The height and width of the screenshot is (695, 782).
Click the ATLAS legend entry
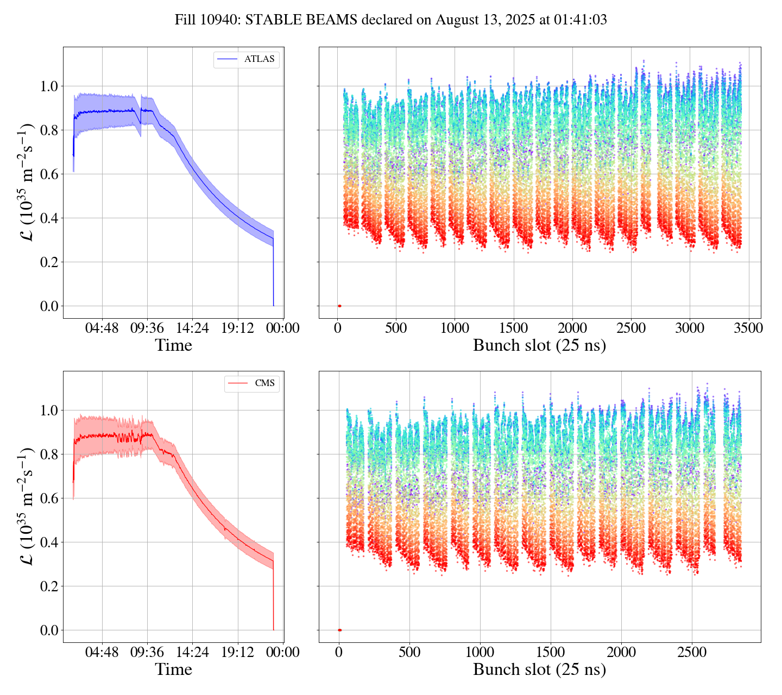[247, 59]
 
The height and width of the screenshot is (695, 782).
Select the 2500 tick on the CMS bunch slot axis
[692, 652]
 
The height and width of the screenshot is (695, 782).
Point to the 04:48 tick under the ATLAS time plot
[102, 328]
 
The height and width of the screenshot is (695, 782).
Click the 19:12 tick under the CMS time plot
[238, 652]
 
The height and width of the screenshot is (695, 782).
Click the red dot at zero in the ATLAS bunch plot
[339, 306]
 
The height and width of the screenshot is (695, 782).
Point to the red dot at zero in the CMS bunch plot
[339, 630]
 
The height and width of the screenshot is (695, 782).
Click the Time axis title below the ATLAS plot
[174, 345]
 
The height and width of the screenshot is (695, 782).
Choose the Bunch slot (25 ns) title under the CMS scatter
[539, 669]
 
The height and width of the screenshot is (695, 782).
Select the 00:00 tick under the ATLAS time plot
[283, 328]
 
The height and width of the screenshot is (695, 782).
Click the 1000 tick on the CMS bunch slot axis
[480, 652]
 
